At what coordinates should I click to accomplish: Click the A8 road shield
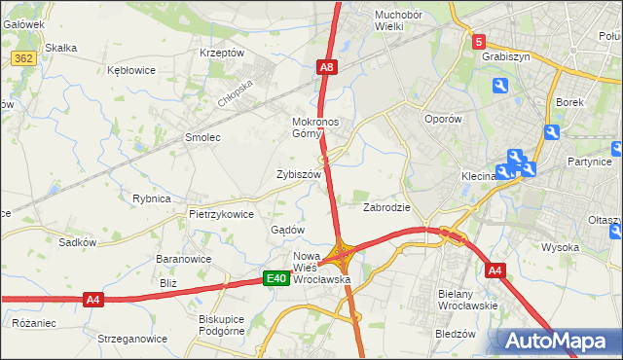[x=328, y=67]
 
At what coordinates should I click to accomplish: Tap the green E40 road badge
[x=276, y=279]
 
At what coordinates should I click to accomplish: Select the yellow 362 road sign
[x=24, y=59]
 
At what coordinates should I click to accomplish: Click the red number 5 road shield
[x=479, y=42]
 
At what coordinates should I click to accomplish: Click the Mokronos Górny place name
[x=314, y=128]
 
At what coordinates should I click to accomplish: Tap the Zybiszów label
[x=299, y=174]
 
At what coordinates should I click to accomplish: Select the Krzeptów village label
[x=221, y=53]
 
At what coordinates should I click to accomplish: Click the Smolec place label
[x=203, y=138]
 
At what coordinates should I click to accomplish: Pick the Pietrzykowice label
[x=222, y=214]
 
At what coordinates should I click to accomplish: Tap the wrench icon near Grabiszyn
[x=500, y=87]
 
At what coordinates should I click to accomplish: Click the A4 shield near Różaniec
[x=92, y=300]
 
